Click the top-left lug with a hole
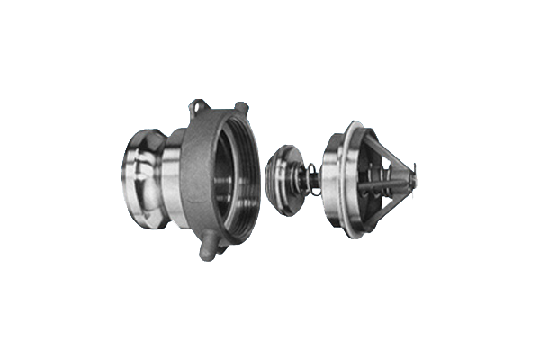pyautogui.click(x=197, y=109)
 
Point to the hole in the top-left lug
pyautogui.click(x=196, y=108)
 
